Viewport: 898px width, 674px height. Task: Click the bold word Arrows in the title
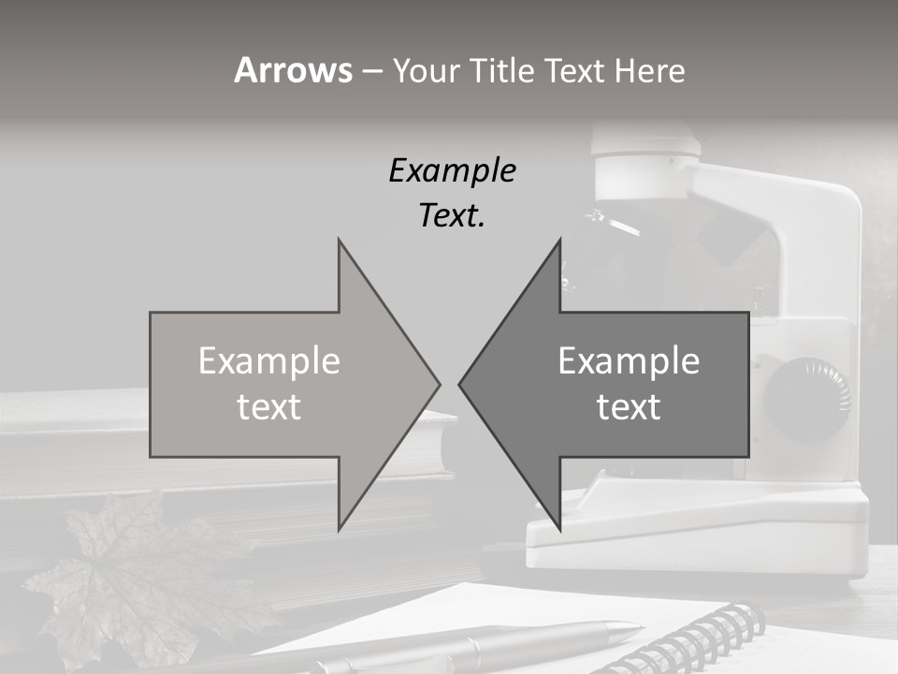[293, 70]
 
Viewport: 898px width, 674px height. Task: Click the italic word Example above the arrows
[452, 170]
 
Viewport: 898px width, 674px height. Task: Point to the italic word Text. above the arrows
[452, 215]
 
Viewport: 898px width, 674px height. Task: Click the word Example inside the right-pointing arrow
[269, 360]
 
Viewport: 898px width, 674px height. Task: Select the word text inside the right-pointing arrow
[269, 406]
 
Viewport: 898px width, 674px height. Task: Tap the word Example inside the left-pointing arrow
[629, 360]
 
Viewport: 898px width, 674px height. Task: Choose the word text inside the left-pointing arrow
[629, 406]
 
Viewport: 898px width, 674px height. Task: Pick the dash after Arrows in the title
[371, 71]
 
